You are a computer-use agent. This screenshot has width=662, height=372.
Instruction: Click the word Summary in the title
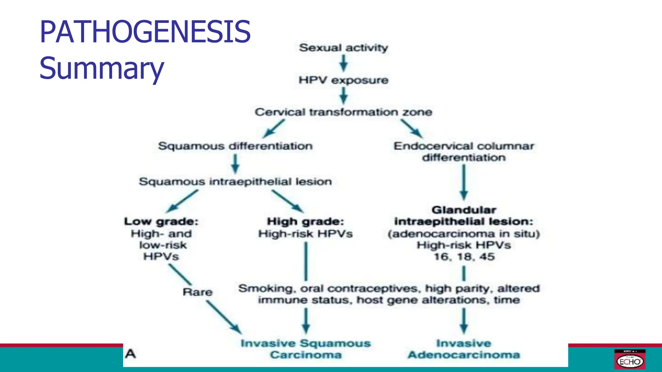(x=101, y=68)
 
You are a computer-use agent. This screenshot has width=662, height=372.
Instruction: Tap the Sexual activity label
(x=343, y=48)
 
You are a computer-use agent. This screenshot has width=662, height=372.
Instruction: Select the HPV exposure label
(x=343, y=80)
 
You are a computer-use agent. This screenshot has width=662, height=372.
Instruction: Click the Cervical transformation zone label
(x=343, y=112)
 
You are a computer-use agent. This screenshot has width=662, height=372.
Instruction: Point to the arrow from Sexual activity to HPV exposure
(x=344, y=63)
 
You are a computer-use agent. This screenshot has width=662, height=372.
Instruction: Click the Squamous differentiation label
(x=235, y=146)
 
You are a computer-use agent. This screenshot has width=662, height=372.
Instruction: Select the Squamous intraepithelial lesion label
(x=235, y=181)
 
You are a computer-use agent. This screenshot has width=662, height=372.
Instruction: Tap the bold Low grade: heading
(x=161, y=222)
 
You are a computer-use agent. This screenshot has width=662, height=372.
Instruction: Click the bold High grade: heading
(x=305, y=222)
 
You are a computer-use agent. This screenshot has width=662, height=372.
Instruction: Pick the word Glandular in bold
(x=464, y=210)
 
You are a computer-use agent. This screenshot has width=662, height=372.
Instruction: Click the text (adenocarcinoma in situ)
(x=464, y=233)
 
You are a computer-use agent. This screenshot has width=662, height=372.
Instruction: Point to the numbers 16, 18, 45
(x=464, y=257)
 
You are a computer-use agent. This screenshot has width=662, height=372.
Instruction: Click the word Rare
(x=198, y=292)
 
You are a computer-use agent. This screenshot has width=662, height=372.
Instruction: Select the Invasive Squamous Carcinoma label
(x=306, y=349)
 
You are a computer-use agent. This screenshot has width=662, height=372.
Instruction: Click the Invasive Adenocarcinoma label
(x=464, y=349)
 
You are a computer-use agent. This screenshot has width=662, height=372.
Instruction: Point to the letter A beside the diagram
(x=131, y=354)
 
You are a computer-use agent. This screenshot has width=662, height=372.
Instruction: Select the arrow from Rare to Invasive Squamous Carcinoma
(x=224, y=317)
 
